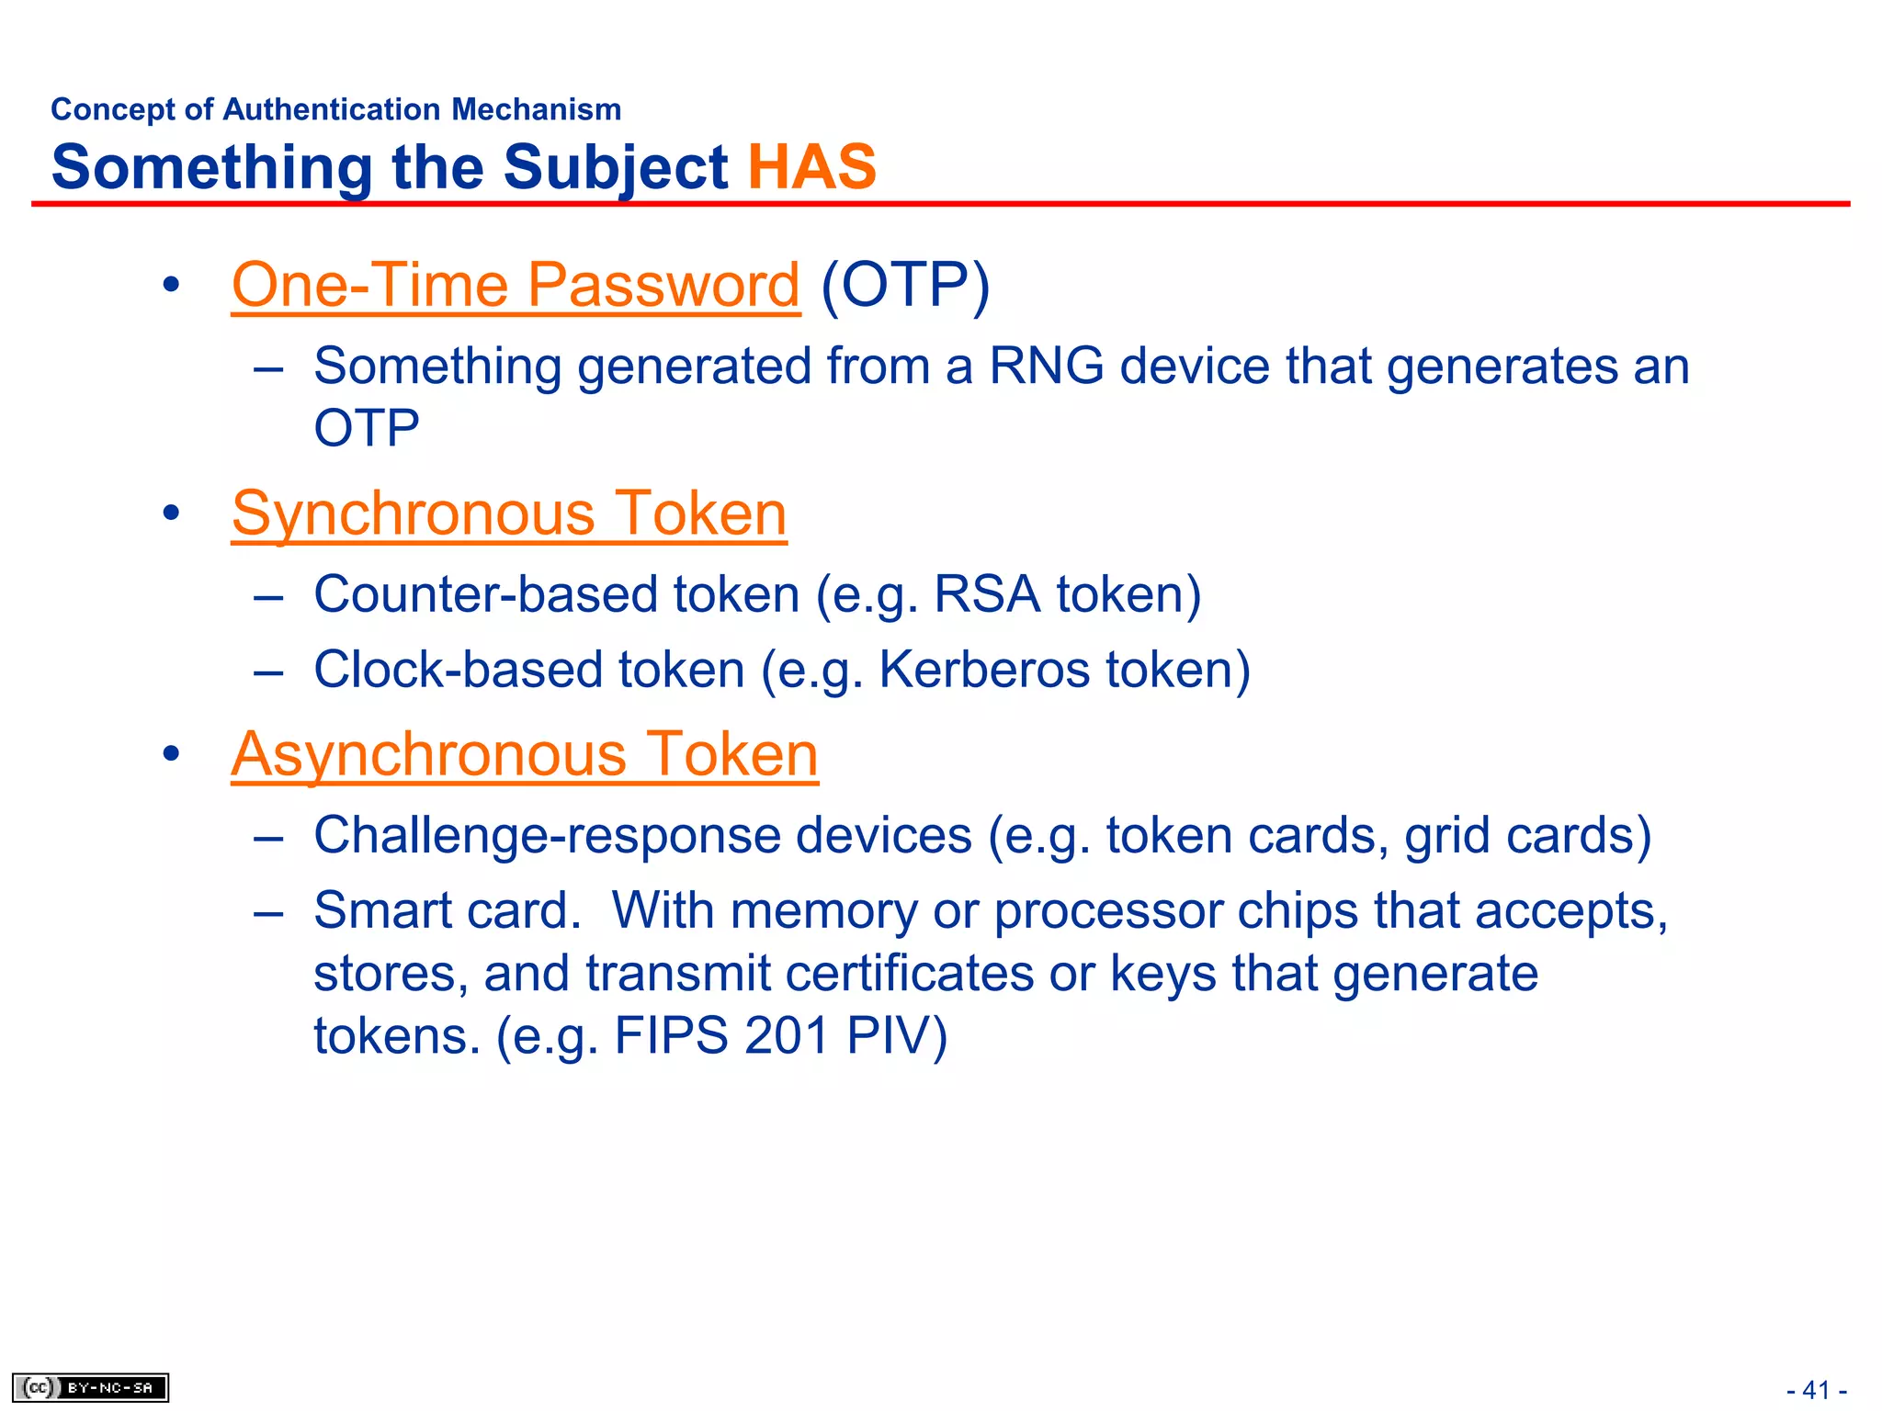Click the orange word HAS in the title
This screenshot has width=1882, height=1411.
(x=812, y=167)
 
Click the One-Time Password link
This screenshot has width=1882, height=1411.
(x=515, y=285)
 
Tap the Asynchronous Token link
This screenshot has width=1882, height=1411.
(x=524, y=754)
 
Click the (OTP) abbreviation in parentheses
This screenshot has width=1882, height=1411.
(x=905, y=285)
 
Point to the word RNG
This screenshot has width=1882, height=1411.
(x=1046, y=366)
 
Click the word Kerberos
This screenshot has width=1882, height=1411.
(x=984, y=669)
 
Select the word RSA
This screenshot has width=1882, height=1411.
(x=986, y=593)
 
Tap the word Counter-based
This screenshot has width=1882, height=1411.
(x=484, y=593)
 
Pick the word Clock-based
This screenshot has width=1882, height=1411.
(x=457, y=669)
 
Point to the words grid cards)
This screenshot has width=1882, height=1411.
(x=1527, y=835)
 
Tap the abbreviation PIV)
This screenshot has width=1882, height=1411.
(x=896, y=1035)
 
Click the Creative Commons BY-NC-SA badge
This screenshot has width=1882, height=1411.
(x=90, y=1387)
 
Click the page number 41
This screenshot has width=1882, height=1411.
(x=1816, y=1390)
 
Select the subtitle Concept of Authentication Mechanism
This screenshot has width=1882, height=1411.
(x=335, y=109)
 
